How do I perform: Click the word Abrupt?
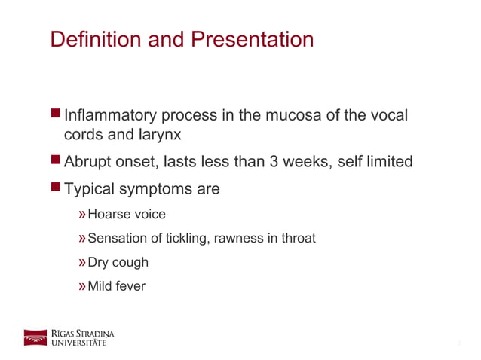click(x=90, y=162)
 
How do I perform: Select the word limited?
click(x=388, y=162)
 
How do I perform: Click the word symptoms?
click(x=155, y=189)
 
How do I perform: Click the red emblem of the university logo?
click(x=35, y=337)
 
